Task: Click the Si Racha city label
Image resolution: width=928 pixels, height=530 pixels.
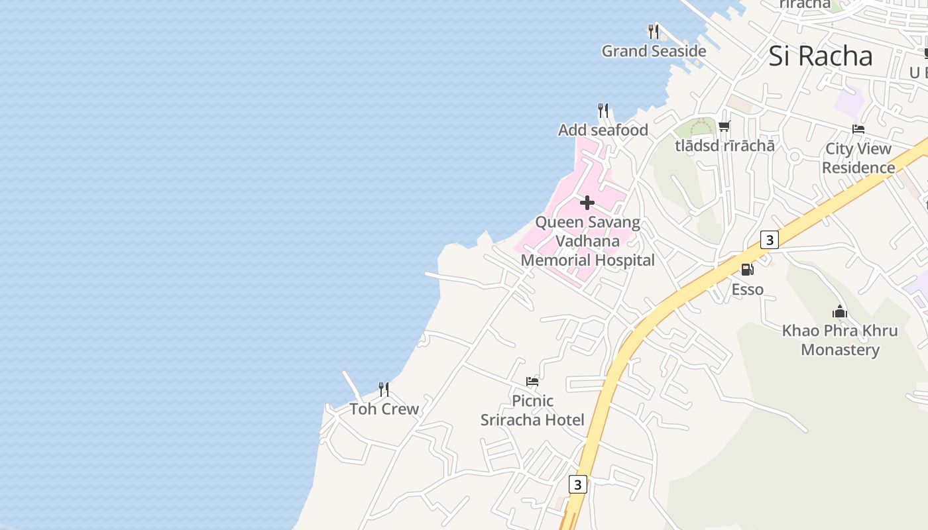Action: (x=821, y=56)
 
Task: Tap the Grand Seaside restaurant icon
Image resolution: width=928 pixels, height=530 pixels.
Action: (x=654, y=31)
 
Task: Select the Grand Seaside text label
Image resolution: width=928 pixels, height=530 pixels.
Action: (x=654, y=51)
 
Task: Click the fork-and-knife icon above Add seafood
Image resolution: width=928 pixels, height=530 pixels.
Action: (x=603, y=110)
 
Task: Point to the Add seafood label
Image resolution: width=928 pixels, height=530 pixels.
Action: (x=603, y=130)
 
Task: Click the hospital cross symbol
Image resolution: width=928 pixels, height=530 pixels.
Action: (x=587, y=203)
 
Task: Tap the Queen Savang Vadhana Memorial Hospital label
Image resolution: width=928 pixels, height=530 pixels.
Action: (x=588, y=241)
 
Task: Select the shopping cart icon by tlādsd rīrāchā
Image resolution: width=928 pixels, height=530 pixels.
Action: (x=725, y=126)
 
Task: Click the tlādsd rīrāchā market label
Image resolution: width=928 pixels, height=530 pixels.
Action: (x=725, y=145)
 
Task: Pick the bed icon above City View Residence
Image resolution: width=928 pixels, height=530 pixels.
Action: (x=858, y=129)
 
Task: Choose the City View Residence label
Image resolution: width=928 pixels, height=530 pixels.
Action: (x=858, y=158)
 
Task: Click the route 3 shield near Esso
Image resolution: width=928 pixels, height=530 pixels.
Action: (x=769, y=240)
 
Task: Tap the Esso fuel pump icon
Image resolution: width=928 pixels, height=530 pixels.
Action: (x=747, y=270)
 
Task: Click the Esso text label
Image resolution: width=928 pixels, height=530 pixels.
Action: (x=748, y=290)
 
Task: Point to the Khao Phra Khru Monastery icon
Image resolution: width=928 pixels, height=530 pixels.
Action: (x=840, y=311)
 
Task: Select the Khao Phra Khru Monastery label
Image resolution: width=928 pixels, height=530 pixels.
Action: (x=840, y=340)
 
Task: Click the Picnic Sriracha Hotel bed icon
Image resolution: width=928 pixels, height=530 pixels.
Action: (x=532, y=382)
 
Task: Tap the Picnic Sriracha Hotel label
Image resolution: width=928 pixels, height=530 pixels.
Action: (x=532, y=410)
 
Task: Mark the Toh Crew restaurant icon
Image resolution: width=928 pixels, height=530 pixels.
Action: (x=384, y=389)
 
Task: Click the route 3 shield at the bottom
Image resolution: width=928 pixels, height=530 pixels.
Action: (x=578, y=484)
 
